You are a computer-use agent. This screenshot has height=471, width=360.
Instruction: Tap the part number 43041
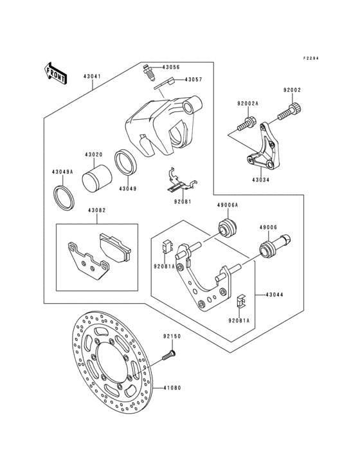(x=92, y=76)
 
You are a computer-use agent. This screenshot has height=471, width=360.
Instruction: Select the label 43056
(x=171, y=67)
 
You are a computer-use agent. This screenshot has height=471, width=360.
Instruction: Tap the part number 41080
(x=172, y=388)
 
